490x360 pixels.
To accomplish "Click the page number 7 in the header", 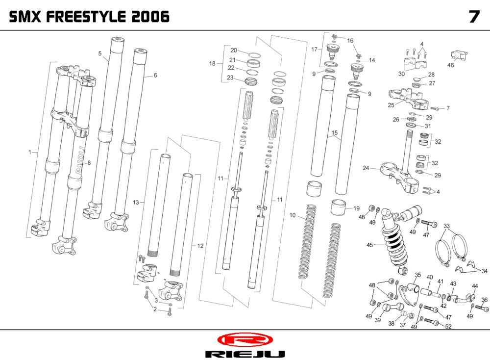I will coord(473,17).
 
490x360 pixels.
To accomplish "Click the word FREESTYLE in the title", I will coord(88,17).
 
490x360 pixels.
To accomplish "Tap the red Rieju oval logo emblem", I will coord(244,340).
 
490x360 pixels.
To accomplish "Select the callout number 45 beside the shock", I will coord(370,245).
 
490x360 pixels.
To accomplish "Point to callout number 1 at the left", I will coord(30,153).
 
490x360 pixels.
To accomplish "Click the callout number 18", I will coord(212,64).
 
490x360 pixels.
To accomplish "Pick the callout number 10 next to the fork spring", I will coord(293,215).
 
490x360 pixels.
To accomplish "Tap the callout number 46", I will coord(451,65).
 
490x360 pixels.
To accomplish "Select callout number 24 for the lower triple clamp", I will coord(366,168).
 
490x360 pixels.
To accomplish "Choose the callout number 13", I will coord(136,202).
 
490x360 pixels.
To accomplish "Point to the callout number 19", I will coord(356,208).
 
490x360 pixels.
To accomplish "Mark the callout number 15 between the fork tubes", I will coord(335,133).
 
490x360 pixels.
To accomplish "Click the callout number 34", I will coord(484,271).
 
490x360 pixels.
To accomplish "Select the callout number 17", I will coord(314,49).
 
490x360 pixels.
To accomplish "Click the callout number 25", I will coord(391,105).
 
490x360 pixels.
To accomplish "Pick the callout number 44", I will coord(475,286).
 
